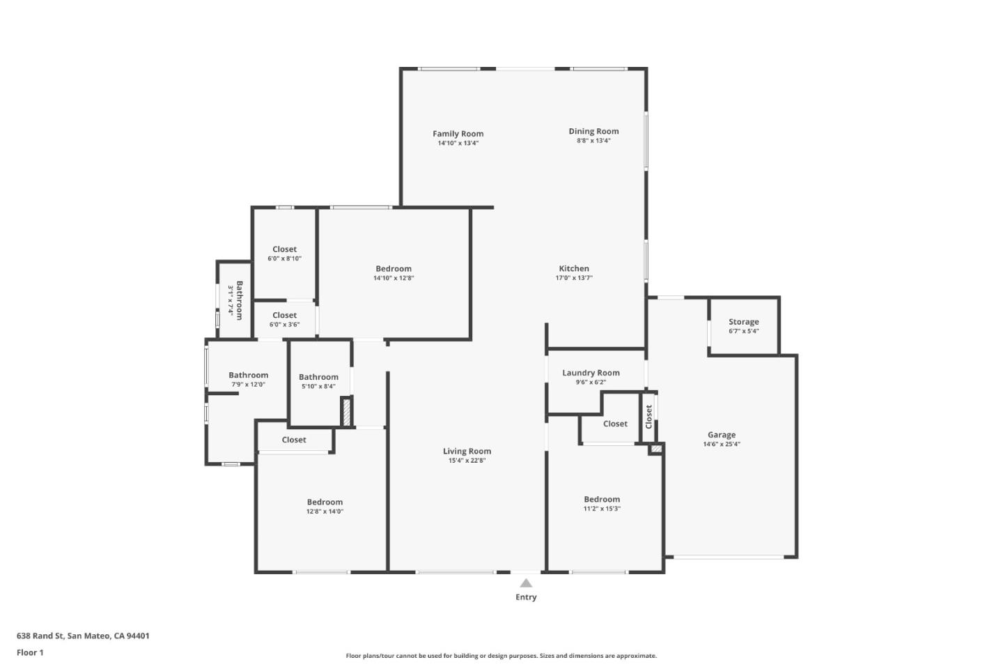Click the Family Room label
(x=458, y=134)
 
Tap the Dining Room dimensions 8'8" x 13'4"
(x=593, y=141)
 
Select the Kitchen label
(x=574, y=268)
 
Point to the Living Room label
(x=467, y=451)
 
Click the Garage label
(x=722, y=435)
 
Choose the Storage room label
(x=743, y=322)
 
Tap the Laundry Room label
(x=591, y=373)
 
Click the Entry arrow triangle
(x=526, y=583)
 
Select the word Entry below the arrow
(x=526, y=597)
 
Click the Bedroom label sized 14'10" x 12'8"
(x=394, y=268)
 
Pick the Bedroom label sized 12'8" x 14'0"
(x=325, y=502)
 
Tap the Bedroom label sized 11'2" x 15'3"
(x=602, y=499)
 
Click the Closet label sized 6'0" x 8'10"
(x=284, y=249)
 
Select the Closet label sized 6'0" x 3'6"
(x=284, y=315)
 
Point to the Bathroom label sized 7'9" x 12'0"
(x=248, y=375)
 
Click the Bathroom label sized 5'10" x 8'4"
(x=318, y=377)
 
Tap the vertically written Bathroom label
(x=239, y=300)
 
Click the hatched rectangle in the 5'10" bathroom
(x=346, y=411)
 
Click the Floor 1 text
(x=30, y=653)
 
